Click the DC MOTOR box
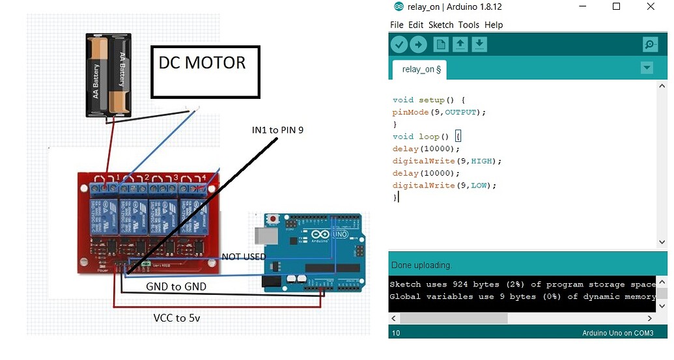205,72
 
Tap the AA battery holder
109,75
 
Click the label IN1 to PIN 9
277,130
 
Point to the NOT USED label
244,257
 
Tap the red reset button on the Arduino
281,218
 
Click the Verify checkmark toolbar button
399,44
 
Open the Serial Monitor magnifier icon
649,44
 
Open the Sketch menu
441,25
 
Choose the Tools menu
468,25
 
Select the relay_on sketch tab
421,69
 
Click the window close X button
650,7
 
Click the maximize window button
616,7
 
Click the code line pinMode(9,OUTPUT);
439,112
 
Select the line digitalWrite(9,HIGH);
447,161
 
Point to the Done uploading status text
421,265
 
